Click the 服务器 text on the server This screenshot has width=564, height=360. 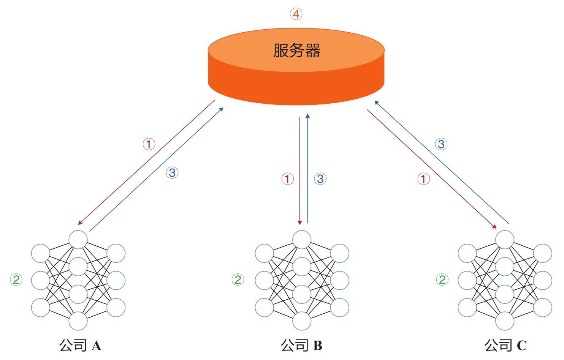[x=296, y=50]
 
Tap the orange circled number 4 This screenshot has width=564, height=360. [x=296, y=14]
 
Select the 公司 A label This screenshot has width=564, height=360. [x=80, y=345]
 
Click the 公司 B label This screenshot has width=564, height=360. [x=301, y=345]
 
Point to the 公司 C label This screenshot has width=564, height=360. [x=505, y=345]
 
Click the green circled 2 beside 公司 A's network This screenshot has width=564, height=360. [x=16, y=279]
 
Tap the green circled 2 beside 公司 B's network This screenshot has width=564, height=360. [x=238, y=279]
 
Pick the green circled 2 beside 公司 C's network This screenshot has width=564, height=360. [x=442, y=279]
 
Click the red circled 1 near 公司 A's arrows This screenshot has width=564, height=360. [x=149, y=144]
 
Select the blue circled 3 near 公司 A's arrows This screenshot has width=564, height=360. [x=172, y=173]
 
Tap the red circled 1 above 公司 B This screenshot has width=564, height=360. [x=288, y=179]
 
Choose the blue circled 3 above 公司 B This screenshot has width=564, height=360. [x=320, y=179]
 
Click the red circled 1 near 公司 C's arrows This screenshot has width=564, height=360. [x=424, y=179]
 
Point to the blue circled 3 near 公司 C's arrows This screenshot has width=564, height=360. [x=441, y=144]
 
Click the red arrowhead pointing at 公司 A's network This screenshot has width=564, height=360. [x=80, y=223]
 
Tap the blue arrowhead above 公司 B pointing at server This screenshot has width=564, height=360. [x=307, y=116]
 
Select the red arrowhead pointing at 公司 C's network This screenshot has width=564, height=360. [x=494, y=226]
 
